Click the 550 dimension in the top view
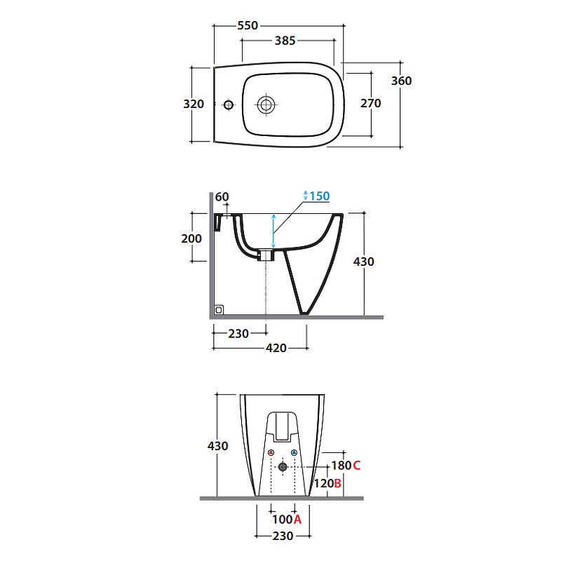pos(248,25)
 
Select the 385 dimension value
pos(284,41)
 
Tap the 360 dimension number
pos(401,81)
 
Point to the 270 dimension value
pos(370,104)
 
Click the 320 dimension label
pos(193,104)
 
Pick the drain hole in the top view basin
pos(266,105)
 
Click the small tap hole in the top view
pos(228,105)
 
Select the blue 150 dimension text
pos(319,196)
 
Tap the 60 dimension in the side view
pos(222,197)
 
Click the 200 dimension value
pos(191,238)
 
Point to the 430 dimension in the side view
pos(364,262)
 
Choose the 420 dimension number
pos(276,348)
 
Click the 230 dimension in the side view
pos(238,334)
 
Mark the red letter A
pos(297,520)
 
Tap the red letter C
pos(357,465)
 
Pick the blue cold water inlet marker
pos(294,453)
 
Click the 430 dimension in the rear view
pos(218,446)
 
